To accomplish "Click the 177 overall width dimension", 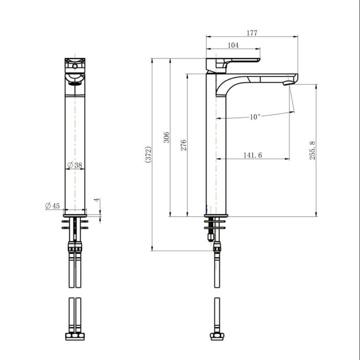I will click(252, 33).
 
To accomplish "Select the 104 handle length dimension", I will click(233, 45).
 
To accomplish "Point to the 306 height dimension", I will click(166, 137).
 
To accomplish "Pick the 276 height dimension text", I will click(184, 145).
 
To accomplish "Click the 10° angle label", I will click(255, 117).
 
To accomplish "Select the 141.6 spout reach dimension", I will click(252, 155).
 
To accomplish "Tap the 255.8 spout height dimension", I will click(312, 150).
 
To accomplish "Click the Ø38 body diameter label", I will click(75, 165).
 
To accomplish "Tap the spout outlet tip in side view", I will click(288, 83).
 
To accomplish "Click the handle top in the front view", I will click(75, 61).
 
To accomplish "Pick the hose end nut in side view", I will click(217, 336).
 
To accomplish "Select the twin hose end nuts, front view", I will click(75, 336).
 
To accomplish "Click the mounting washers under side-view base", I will click(215, 224).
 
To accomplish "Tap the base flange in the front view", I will click(75, 215).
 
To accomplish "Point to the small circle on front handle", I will click(75, 66).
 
